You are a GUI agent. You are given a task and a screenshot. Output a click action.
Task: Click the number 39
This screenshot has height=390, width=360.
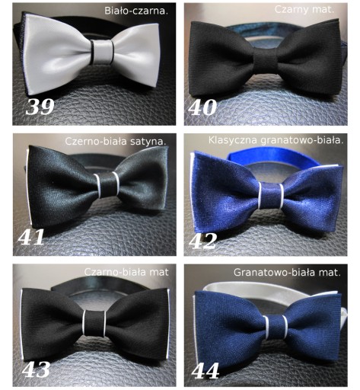(40, 107)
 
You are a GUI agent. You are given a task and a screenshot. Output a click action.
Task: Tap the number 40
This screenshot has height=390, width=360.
(202, 107)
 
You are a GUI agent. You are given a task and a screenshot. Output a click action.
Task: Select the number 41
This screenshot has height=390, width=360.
(31, 237)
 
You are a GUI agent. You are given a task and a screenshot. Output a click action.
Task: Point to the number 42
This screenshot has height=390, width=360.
(203, 241)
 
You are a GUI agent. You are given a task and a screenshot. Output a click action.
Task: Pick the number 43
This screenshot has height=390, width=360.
(36, 369)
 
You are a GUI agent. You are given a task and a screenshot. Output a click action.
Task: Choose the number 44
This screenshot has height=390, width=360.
(205, 371)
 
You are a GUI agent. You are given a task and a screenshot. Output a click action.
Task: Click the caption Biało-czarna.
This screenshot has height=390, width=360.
(136, 11)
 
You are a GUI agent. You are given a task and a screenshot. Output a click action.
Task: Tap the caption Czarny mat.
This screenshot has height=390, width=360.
(304, 10)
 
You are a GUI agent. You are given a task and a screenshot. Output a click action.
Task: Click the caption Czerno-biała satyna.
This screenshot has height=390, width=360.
(116, 141)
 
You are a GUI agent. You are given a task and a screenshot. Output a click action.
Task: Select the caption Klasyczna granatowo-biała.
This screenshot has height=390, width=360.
(276, 140)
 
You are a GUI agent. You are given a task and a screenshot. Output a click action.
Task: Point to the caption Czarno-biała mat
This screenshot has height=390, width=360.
(126, 272)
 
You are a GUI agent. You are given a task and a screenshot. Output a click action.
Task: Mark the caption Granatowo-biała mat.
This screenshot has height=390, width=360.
(287, 273)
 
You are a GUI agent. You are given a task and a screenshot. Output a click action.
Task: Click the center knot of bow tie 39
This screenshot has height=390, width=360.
(102, 52)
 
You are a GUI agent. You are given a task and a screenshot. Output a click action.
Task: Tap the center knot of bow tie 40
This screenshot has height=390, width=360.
(265, 60)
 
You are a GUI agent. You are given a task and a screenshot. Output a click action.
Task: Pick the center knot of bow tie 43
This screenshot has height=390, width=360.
(94, 323)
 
